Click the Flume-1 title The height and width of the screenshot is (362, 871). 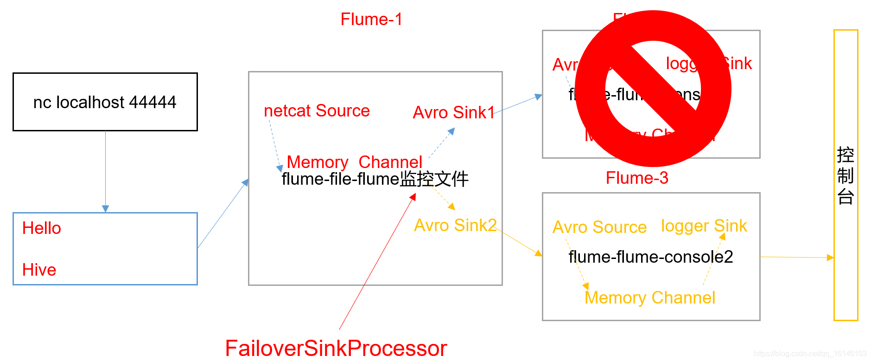coord(371,19)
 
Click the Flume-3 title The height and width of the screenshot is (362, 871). coord(637,178)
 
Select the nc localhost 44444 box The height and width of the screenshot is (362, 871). coord(105,102)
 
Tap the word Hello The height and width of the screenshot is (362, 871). coord(42,228)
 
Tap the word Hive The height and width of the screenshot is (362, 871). coord(39,270)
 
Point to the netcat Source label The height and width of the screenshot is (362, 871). coord(317,111)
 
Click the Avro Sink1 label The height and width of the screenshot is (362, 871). coord(454,113)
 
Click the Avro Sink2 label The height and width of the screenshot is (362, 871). coord(455,226)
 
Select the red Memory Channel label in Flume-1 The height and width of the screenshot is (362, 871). coord(354,162)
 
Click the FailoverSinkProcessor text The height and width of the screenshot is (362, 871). coord(336,348)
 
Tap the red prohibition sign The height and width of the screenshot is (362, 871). coord(653,89)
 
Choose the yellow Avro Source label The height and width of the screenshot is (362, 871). coord(599,227)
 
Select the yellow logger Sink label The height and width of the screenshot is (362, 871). coord(704,226)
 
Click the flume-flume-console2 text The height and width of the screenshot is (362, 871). coord(651,257)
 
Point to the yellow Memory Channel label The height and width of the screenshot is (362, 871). coord(650,298)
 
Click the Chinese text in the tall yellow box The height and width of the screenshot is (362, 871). coord(846,176)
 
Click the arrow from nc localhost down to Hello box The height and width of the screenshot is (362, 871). coord(106,172)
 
